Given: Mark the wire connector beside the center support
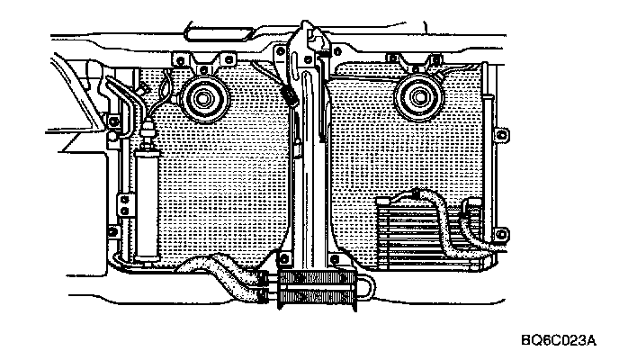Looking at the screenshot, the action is click(290, 94).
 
